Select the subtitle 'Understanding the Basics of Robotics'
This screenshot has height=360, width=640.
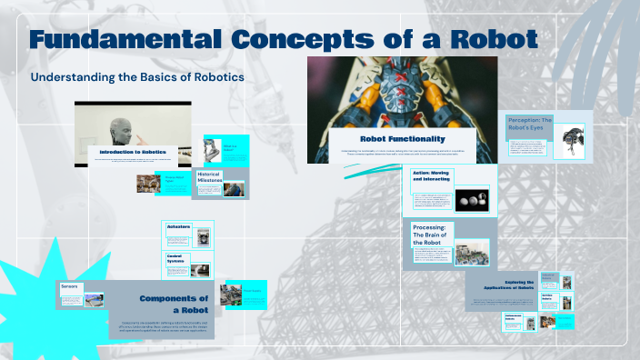[137, 77]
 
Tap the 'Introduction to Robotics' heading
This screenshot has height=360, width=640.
[135, 151]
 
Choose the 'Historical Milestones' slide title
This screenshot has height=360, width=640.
[210, 177]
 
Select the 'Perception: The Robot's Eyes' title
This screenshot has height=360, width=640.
[529, 125]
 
